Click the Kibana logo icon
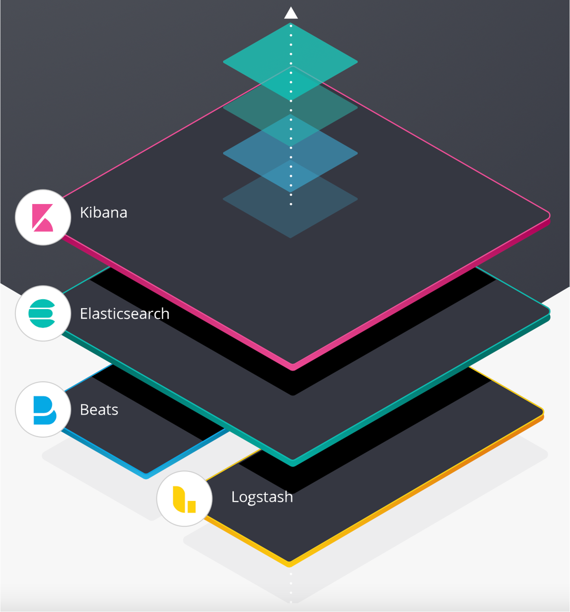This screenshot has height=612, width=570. [x=43, y=217]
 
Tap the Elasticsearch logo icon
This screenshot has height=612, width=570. [x=43, y=313]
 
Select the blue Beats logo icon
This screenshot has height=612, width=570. [x=44, y=410]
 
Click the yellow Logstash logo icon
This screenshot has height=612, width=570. [x=184, y=499]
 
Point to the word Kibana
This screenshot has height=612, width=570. [x=104, y=213]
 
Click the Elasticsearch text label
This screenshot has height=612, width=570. [x=124, y=314]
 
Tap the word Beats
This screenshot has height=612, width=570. [x=99, y=410]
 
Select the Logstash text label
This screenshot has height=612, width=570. [x=262, y=497]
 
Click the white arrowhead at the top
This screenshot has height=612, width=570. [x=291, y=13]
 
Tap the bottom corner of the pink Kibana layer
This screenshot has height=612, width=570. [x=293, y=366]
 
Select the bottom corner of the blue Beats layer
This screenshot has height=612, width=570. [x=146, y=475]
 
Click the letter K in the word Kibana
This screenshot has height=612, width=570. [x=83, y=213]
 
